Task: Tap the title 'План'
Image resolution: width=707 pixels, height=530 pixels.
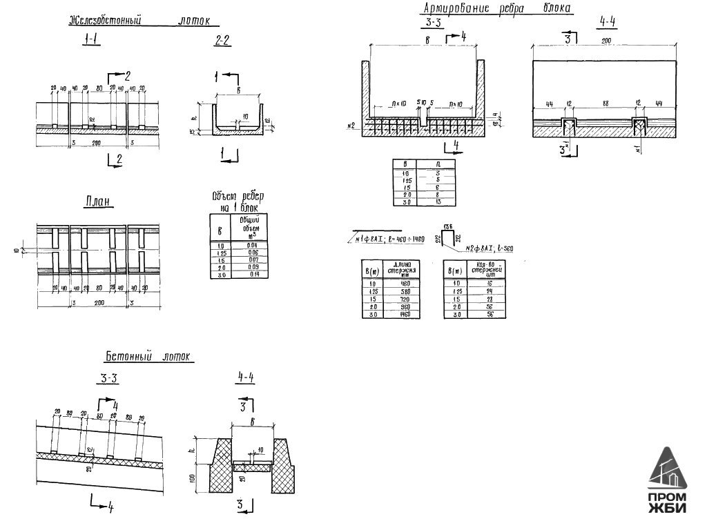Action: [99, 202]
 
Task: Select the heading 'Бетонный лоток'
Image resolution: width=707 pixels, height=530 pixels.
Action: [149, 357]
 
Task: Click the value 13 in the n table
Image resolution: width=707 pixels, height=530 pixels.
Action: [438, 202]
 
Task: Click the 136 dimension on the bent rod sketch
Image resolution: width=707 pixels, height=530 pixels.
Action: [447, 226]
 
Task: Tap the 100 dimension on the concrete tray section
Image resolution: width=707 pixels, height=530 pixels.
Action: [194, 478]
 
